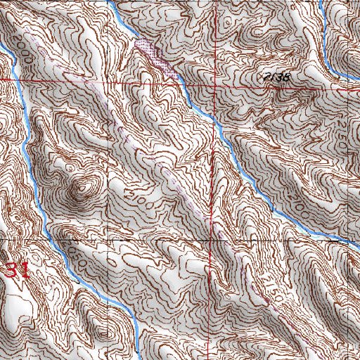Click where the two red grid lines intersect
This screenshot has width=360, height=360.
[x=213, y=83]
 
